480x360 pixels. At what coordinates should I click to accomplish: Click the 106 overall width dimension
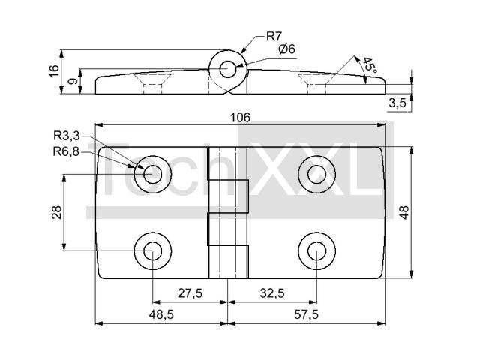point(240,117)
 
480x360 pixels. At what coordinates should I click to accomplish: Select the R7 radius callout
point(274,36)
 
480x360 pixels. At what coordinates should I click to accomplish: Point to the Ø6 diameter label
point(286,49)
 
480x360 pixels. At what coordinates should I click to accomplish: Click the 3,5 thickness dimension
point(397,103)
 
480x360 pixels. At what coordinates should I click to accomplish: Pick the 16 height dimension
point(53,70)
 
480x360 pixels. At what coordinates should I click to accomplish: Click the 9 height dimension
point(71,81)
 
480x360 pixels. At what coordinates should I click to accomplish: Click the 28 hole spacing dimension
point(56,212)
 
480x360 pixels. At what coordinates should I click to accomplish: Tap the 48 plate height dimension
point(405,212)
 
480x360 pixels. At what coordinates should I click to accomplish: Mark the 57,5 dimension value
point(305,315)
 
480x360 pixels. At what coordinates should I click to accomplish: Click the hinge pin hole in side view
point(227,68)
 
